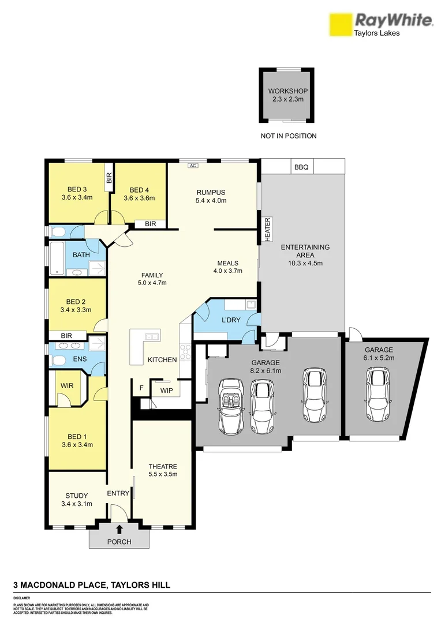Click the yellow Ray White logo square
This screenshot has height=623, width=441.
[x=340, y=25]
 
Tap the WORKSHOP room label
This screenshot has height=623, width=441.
[x=287, y=91]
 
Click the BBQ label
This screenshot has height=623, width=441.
[x=301, y=167]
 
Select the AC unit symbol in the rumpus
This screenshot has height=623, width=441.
[x=193, y=166]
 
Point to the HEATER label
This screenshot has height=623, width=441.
[x=267, y=229]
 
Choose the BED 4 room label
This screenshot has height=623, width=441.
[x=140, y=190]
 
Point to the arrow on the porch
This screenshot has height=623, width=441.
[x=119, y=529]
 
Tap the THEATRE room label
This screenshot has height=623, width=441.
[x=162, y=466]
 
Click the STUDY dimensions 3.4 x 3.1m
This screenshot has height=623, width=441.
[x=77, y=504]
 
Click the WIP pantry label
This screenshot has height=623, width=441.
[x=166, y=390]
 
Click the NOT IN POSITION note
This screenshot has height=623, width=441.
[x=289, y=136]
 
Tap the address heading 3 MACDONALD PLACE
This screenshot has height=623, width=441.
[x=91, y=585]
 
